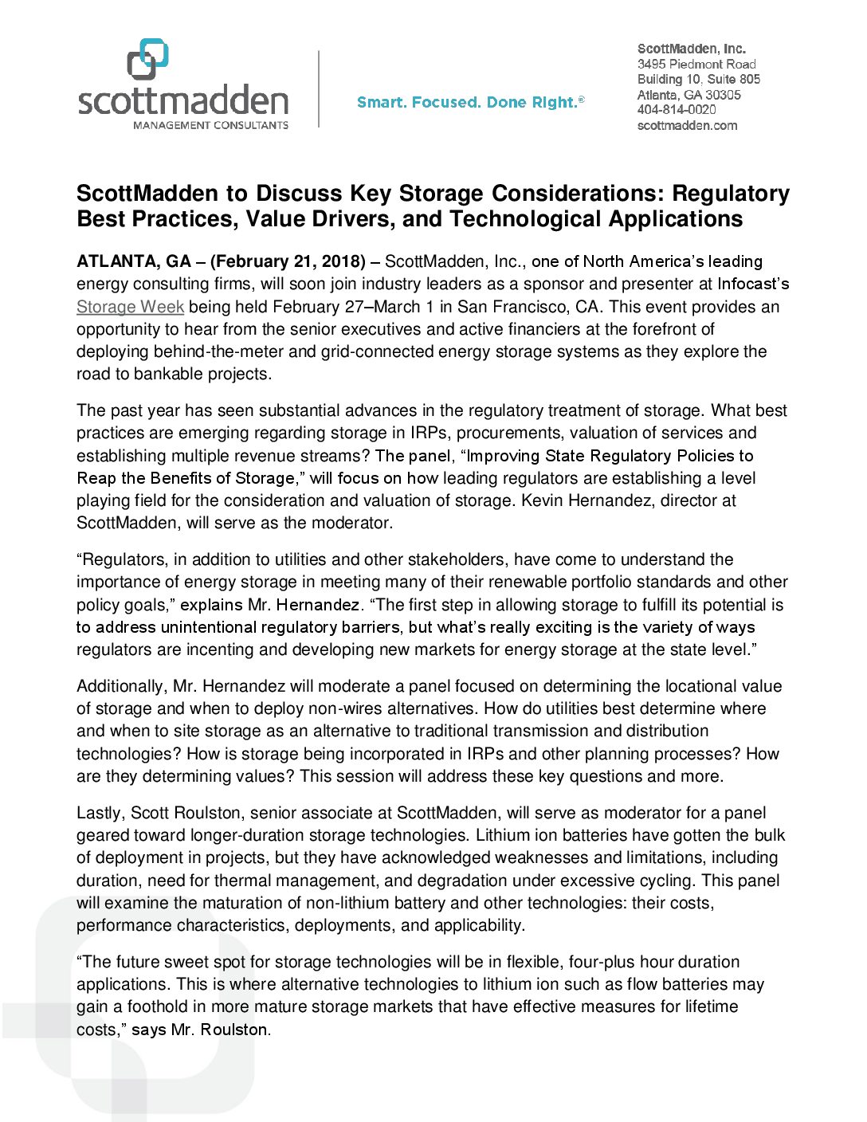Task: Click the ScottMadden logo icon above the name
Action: [148, 59]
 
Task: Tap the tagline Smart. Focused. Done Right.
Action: [470, 102]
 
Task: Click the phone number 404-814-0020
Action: [677, 110]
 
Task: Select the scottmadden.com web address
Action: [687, 125]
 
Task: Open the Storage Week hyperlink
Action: [130, 307]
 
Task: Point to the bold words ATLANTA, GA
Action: [133, 261]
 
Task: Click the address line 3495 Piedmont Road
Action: [696, 64]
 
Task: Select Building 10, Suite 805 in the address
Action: [698, 79]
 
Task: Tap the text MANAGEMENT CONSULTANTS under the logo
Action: [210, 125]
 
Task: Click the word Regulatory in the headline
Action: [730, 194]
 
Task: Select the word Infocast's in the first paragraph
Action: [753, 284]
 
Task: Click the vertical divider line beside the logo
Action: [319, 88]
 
